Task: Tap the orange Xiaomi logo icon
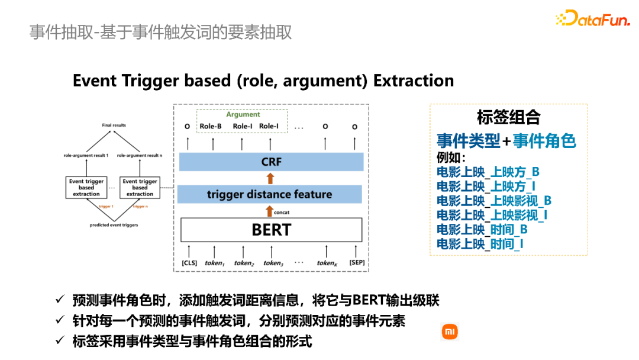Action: (x=450, y=332)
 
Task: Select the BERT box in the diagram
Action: (x=271, y=229)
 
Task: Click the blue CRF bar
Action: (x=271, y=162)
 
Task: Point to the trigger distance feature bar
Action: (x=269, y=194)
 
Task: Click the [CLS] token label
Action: (x=189, y=263)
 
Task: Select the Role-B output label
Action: (x=211, y=126)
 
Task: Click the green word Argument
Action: (x=243, y=115)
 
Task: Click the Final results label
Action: (x=114, y=126)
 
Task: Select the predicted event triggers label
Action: (x=114, y=225)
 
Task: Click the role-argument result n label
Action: (x=140, y=155)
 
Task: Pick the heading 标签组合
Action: (x=508, y=117)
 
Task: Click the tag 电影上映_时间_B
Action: (x=482, y=229)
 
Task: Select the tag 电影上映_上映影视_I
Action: (x=492, y=215)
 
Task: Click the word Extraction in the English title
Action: (x=414, y=81)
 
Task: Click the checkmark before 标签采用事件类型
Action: (x=59, y=340)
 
